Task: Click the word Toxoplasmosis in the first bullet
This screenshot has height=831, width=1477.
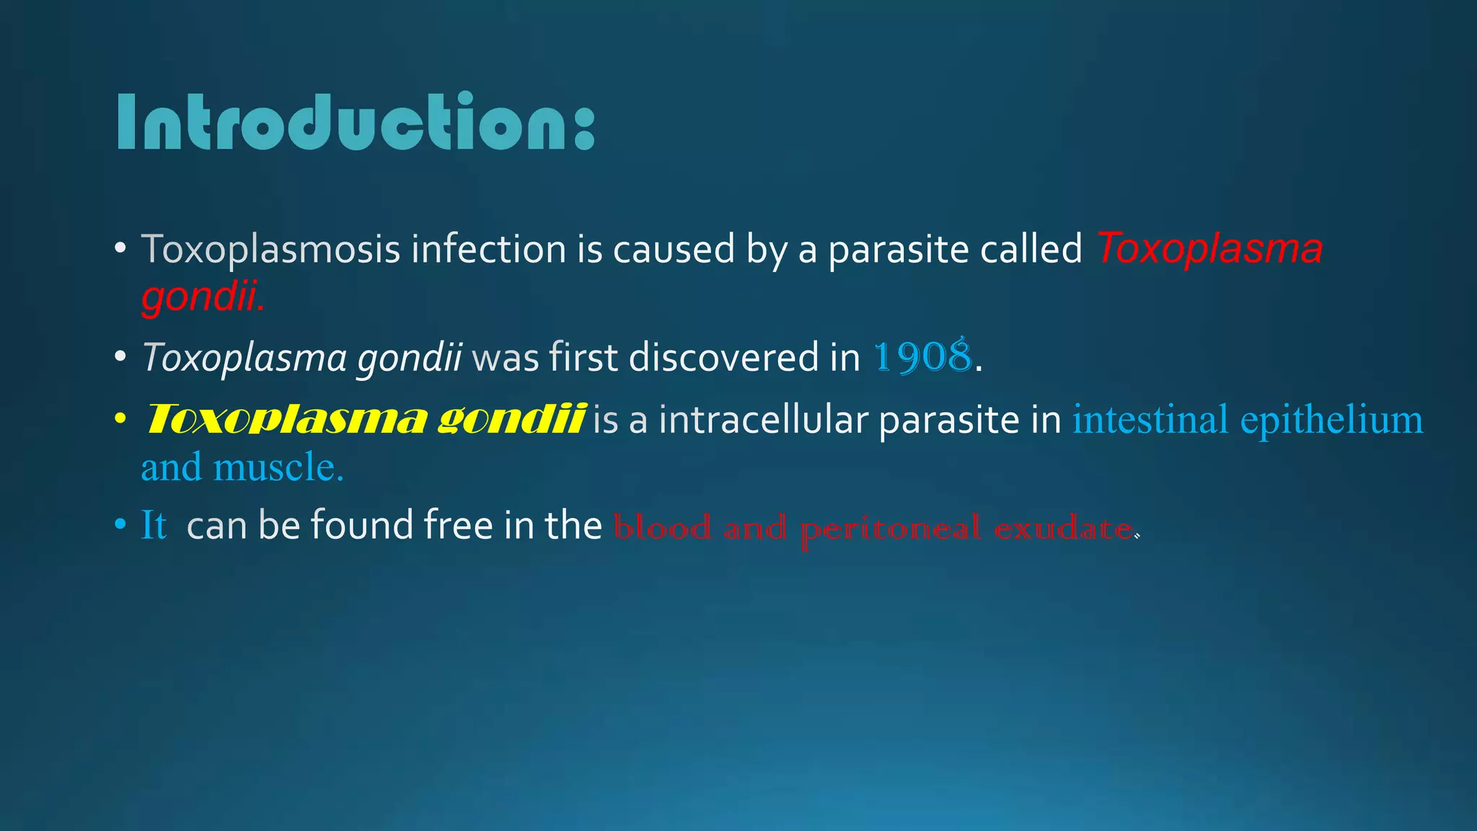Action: click(x=270, y=250)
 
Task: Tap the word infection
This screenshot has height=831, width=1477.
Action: click(x=488, y=250)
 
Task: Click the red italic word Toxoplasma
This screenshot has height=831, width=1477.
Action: click(x=1209, y=250)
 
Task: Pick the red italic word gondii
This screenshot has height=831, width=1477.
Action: click(x=202, y=296)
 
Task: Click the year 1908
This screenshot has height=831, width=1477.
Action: click(x=922, y=357)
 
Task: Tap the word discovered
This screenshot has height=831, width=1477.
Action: click(x=744, y=357)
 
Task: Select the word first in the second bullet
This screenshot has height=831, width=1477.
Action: click(x=583, y=357)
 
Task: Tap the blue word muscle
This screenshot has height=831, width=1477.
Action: click(x=278, y=467)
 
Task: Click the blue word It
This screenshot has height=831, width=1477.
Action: click(x=154, y=525)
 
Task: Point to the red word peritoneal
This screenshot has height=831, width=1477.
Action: click(x=890, y=529)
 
